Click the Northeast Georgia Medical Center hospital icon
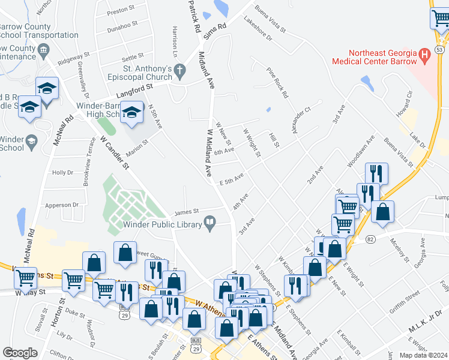point(426,56)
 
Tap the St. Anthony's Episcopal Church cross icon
point(178,73)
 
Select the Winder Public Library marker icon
point(210,224)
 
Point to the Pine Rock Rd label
point(277,83)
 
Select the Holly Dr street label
point(62,172)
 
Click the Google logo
point(20,353)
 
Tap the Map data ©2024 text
point(423,355)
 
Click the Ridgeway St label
point(73,58)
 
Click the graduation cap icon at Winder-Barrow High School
point(131,112)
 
